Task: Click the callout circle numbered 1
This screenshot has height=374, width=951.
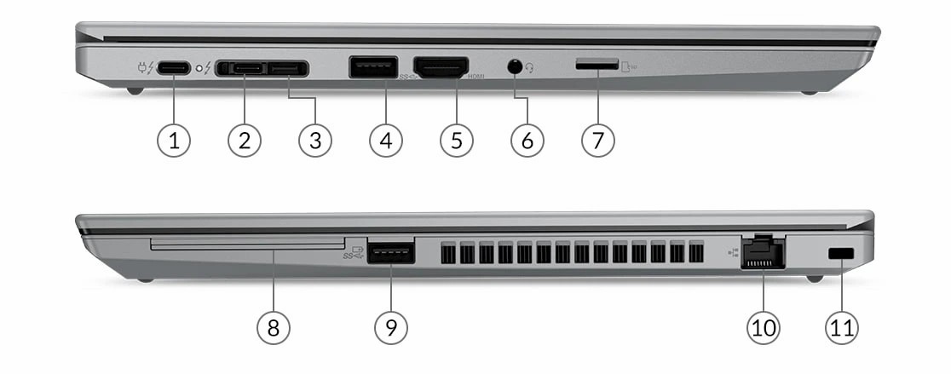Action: point(174,141)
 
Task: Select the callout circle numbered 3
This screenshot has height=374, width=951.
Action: point(315,141)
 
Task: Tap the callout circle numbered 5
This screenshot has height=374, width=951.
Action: point(457,141)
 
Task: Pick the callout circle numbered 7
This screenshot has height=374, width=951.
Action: point(598,141)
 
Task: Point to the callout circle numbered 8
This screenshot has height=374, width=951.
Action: point(274,326)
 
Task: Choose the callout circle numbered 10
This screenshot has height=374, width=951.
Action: point(763,326)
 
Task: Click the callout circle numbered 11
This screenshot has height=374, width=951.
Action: point(842,326)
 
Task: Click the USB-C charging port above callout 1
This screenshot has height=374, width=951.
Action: point(174,68)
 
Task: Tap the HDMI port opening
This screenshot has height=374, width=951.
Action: point(441,67)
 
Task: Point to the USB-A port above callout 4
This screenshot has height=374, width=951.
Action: point(372,67)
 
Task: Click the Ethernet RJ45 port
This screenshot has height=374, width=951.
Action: point(763,254)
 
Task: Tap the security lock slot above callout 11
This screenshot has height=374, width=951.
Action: point(843,253)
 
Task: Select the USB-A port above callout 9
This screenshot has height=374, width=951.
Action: point(391,254)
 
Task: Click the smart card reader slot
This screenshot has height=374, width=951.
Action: point(247,245)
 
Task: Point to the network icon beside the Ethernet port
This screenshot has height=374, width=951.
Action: point(732,252)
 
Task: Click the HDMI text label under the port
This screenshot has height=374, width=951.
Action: point(477,78)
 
